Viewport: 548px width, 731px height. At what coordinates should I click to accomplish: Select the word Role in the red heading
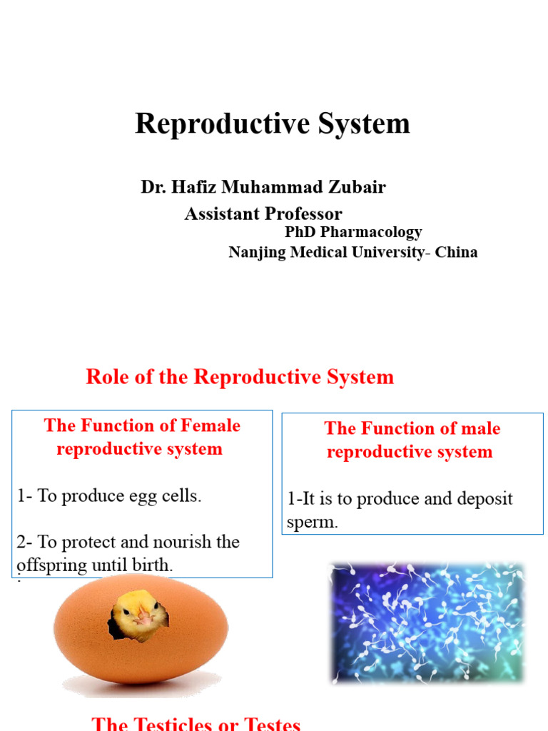tap(108, 377)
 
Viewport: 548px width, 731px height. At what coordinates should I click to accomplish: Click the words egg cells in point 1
tap(175, 496)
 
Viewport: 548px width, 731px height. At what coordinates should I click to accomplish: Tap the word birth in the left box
tap(153, 565)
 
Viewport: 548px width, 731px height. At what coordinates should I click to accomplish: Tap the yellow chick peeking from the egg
tap(139, 612)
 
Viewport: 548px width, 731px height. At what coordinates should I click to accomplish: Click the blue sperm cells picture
tap(427, 622)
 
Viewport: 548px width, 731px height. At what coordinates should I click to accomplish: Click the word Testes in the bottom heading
tap(268, 724)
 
